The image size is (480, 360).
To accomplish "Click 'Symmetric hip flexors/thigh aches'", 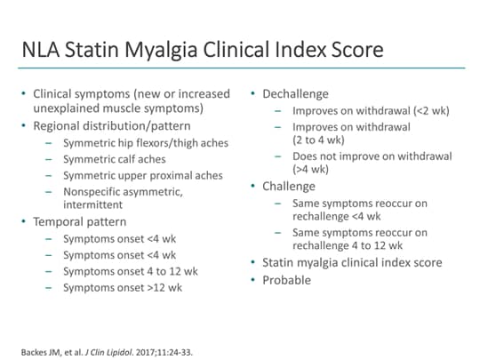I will (x=146, y=143).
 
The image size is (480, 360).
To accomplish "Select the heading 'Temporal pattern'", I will (x=79, y=221).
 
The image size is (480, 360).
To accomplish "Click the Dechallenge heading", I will (x=295, y=93).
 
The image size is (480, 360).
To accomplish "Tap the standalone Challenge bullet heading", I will (x=289, y=186).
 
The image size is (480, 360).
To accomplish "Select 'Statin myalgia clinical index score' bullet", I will (x=351, y=262).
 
